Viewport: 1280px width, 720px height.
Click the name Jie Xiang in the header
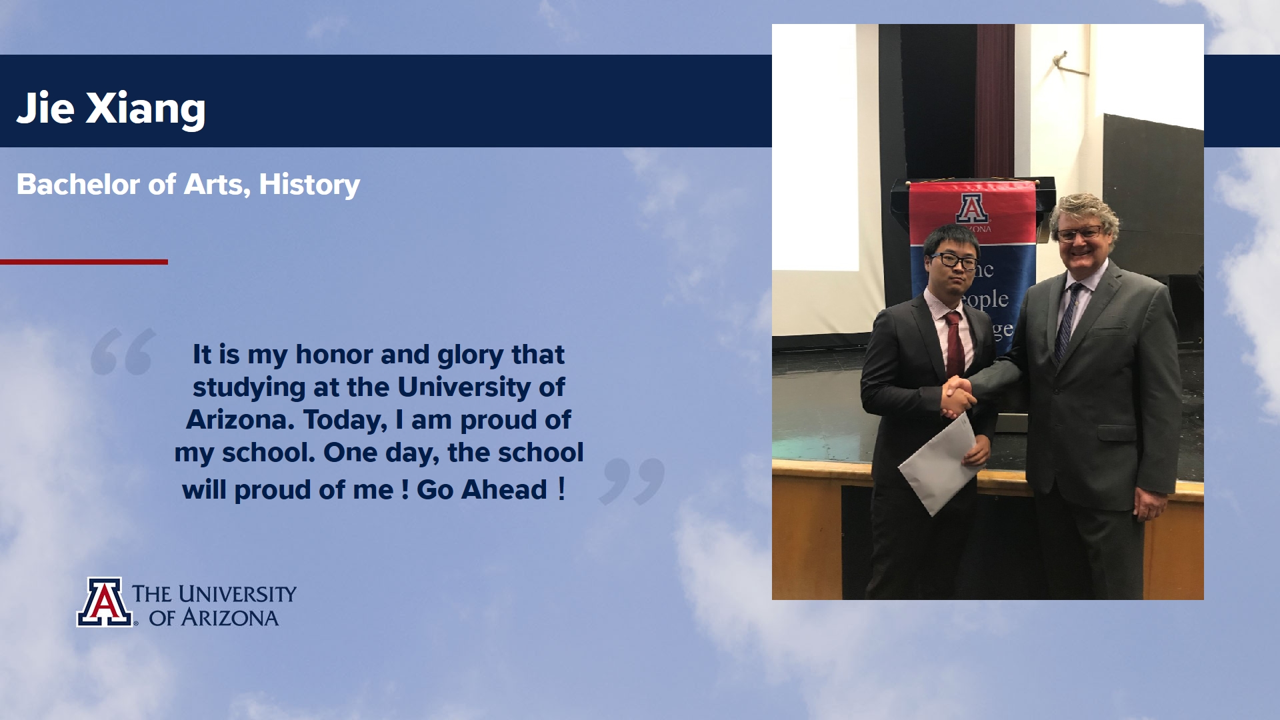[x=111, y=108]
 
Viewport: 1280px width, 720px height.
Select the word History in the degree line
[x=309, y=185]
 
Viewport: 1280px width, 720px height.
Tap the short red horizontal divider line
[x=84, y=262]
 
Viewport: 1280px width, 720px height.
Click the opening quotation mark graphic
[x=123, y=351]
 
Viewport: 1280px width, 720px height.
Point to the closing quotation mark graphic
[x=632, y=481]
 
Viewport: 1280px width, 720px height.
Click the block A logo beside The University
[x=104, y=602]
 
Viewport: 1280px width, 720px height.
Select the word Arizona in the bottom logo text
[x=230, y=618]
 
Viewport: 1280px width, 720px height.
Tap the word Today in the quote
[x=345, y=420]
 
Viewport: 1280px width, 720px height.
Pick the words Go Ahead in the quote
[x=482, y=490]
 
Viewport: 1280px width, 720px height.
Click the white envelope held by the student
[x=940, y=464]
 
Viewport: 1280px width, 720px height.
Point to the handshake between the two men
[x=958, y=396]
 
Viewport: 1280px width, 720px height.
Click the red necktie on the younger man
[x=954, y=344]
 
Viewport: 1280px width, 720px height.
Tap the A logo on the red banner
[x=973, y=208]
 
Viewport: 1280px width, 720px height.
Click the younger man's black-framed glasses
[x=954, y=261]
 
